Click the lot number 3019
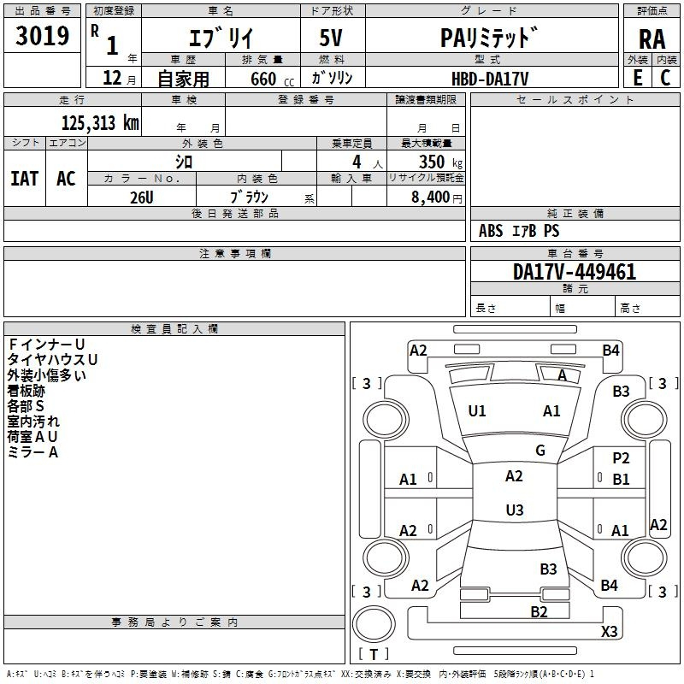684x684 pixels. point(42,36)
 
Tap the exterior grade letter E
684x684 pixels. point(637,77)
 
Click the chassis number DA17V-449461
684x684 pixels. point(574,273)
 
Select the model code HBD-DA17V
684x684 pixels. point(490,78)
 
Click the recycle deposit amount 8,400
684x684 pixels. point(432,197)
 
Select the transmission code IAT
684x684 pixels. point(24,179)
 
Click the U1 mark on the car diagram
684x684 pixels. point(477,411)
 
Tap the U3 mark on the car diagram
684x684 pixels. point(514,510)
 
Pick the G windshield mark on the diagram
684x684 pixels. point(540,451)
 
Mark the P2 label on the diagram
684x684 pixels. point(622,458)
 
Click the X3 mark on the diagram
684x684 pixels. point(609,632)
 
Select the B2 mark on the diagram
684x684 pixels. point(539,611)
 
